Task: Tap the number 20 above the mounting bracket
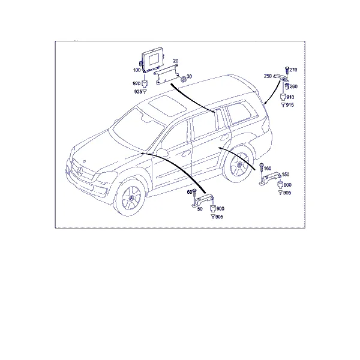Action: click(x=176, y=61)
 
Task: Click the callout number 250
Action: click(x=268, y=76)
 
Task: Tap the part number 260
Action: click(x=293, y=87)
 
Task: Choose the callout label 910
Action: click(x=290, y=97)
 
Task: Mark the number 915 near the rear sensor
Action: click(x=290, y=104)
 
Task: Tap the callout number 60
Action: click(x=189, y=191)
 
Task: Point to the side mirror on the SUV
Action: click(x=163, y=152)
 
